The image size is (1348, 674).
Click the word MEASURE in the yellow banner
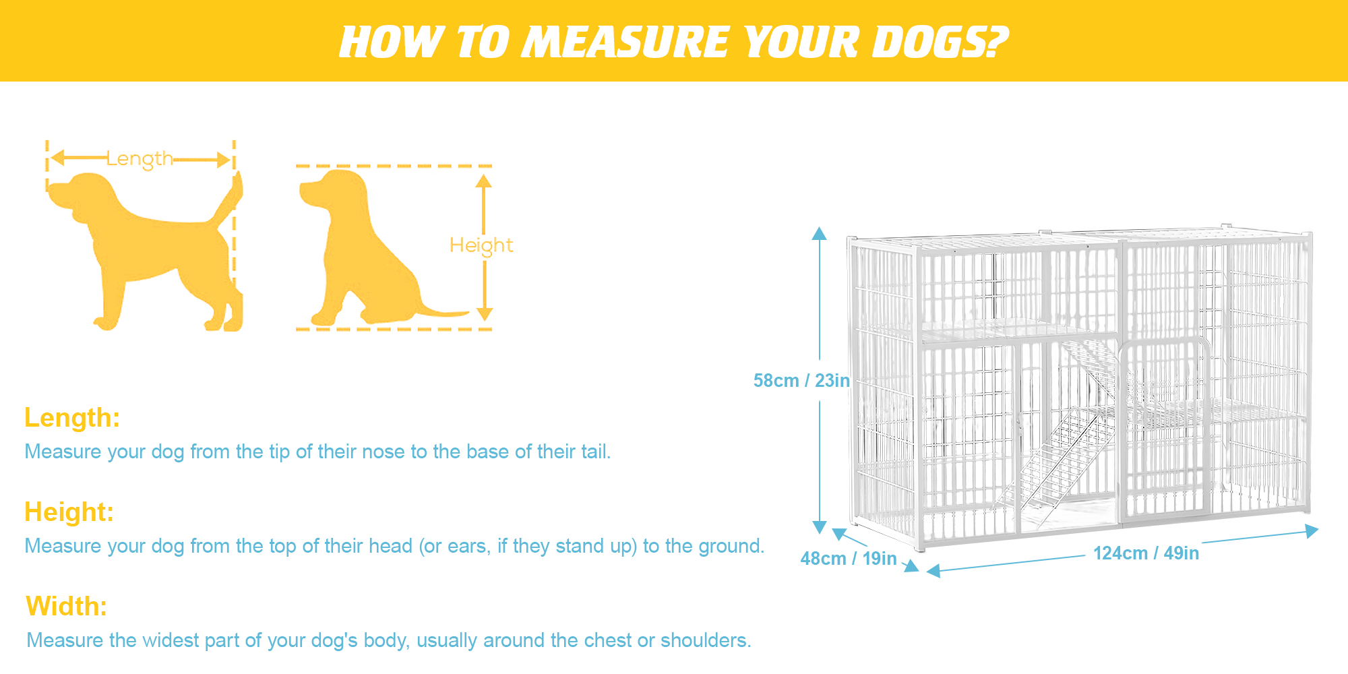click(627, 42)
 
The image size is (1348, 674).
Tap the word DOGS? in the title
click(940, 42)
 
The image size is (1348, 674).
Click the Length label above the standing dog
click(140, 159)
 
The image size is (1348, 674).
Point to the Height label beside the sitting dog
click(481, 245)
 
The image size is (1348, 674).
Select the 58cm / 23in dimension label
click(801, 381)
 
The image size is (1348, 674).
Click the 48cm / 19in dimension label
click(849, 559)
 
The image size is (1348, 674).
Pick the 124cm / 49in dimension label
click(1146, 553)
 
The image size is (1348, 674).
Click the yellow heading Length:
click(72, 418)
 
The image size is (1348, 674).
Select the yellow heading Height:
click(69, 512)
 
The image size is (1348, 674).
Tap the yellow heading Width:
click(67, 607)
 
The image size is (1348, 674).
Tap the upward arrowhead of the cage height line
click(819, 233)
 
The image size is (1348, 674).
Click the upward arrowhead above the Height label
click(483, 181)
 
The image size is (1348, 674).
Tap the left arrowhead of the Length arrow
click(57, 158)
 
